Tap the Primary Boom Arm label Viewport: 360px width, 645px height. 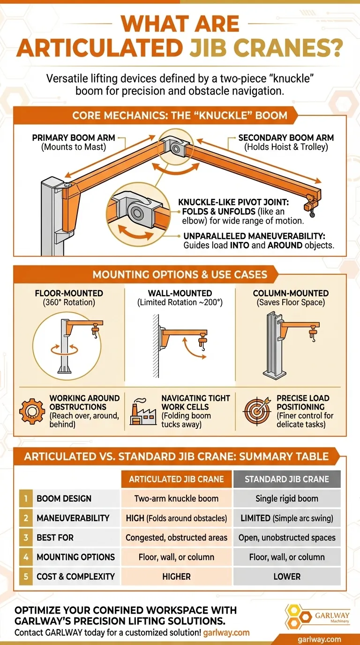pyautogui.click(x=74, y=138)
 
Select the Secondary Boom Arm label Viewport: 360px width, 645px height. pyautogui.click(x=286, y=138)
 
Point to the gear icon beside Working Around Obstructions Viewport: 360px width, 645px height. pyautogui.click(x=32, y=412)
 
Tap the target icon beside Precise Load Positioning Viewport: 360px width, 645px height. pyautogui.click(x=256, y=411)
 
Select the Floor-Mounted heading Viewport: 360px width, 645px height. pyautogui.click(x=69, y=293)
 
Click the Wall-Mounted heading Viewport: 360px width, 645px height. pyautogui.click(x=180, y=293)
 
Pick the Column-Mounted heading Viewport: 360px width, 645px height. pyautogui.click(x=291, y=293)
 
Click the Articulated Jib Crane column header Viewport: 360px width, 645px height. pyautogui.click(x=176, y=479)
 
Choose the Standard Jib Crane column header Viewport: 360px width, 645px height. pyautogui.click(x=287, y=479)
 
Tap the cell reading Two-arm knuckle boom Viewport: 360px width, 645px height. pyautogui.click(x=176, y=498)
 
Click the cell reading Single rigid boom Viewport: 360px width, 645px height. pyautogui.click(x=287, y=498)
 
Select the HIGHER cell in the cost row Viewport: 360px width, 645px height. pyautogui.click(x=176, y=577)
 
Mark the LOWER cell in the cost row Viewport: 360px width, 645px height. pyautogui.click(x=287, y=577)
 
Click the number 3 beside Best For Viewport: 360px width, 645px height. pyautogui.click(x=26, y=538)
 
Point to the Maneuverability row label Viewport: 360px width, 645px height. pyautogui.click(x=73, y=518)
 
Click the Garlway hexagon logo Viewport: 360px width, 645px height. pyautogui.click(x=298, y=616)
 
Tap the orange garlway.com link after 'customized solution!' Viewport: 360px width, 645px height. pyautogui.click(x=226, y=633)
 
